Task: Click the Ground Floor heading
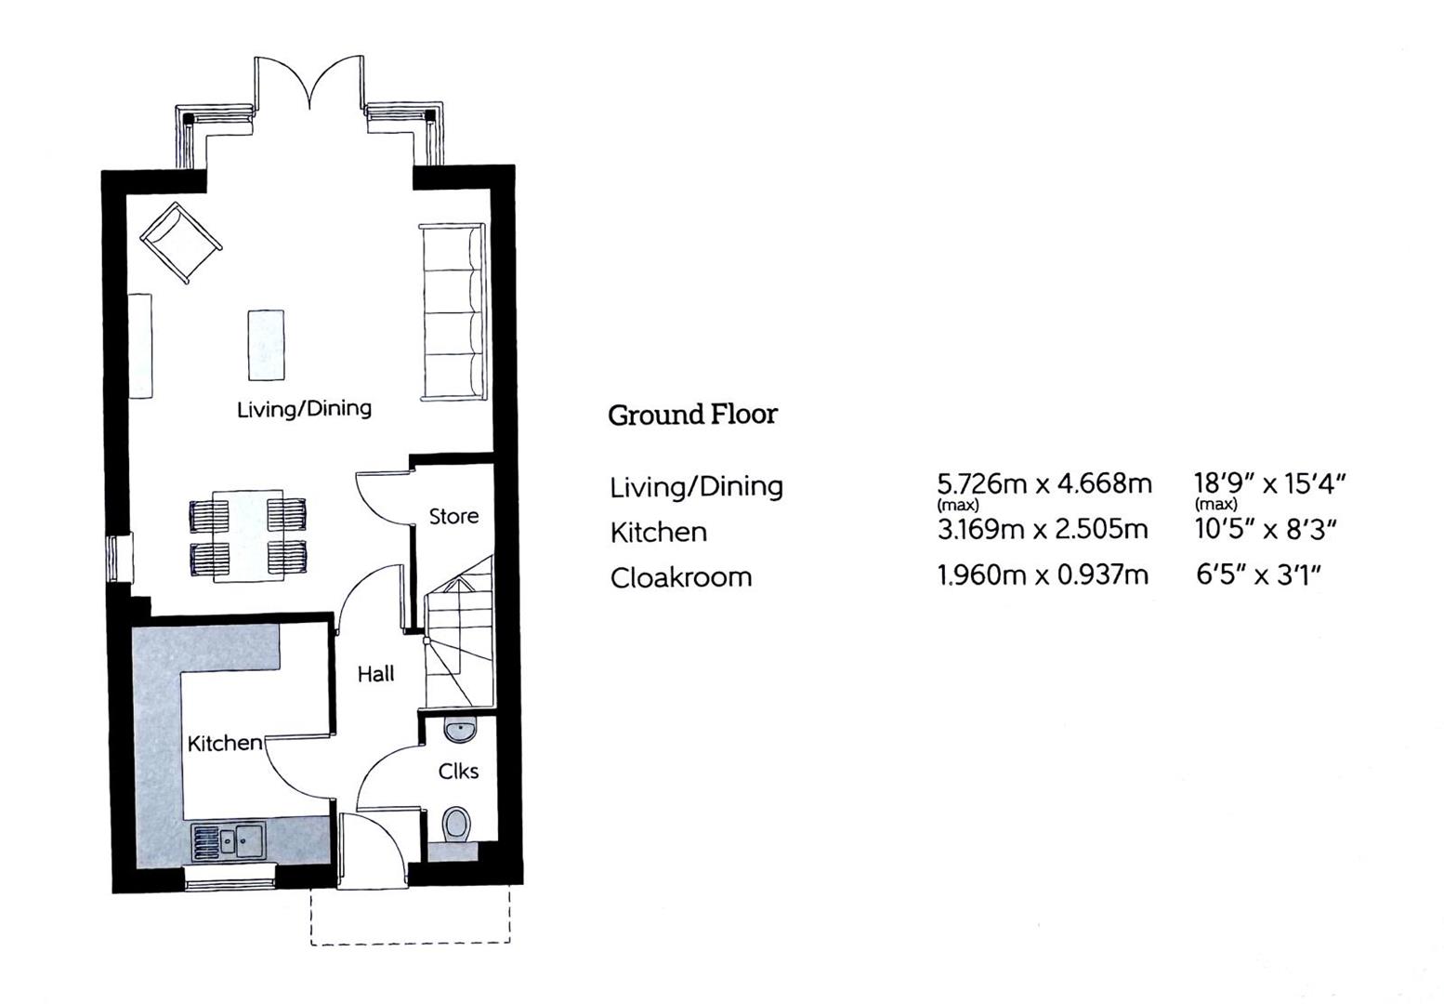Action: pos(693,415)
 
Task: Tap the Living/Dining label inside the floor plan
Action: pos(304,409)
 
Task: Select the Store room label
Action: pos(453,516)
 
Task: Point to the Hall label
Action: pos(375,674)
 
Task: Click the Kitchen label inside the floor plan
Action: pos(225,744)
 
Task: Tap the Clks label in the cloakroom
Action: pos(458,772)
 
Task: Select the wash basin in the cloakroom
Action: pos(460,730)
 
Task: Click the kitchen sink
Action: pos(229,841)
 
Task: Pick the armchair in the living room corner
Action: pos(181,243)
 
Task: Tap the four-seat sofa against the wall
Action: pos(453,312)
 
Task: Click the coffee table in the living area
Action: pos(267,346)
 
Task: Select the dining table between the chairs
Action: pos(248,535)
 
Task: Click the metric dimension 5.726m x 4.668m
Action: pos(1044,484)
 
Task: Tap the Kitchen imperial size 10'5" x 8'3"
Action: pos(1267,529)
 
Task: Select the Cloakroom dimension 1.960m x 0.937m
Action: pos(1043,575)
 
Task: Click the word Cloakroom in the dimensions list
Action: pos(681,578)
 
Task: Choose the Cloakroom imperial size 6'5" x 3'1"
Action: pos(1259,574)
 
